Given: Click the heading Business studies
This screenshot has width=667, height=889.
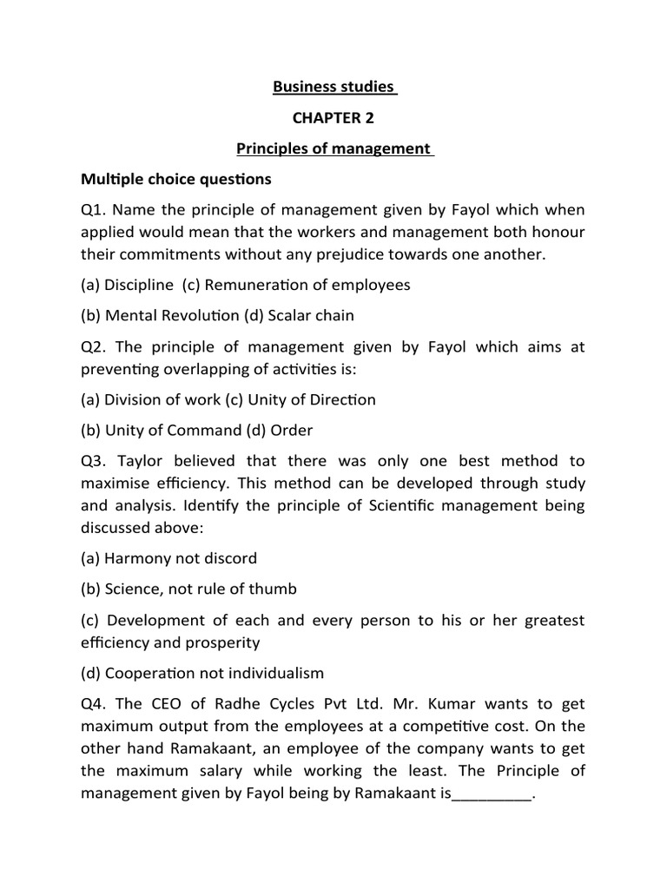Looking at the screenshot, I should coord(334,87).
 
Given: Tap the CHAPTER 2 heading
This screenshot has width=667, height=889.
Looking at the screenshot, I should coord(334,118).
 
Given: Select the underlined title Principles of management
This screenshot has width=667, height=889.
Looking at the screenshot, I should coord(334,149).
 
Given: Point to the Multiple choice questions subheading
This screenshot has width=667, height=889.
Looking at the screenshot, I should coord(175,180).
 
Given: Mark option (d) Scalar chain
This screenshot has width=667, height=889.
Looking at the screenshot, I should coord(308,316).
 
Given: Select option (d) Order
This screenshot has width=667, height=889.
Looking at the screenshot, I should coord(284,431).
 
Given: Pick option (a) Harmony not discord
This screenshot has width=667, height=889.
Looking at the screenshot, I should coord(168,558).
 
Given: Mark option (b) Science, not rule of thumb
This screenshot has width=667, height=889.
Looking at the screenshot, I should coord(188,589).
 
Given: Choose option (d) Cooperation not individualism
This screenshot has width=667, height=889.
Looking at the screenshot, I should coord(201,673).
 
